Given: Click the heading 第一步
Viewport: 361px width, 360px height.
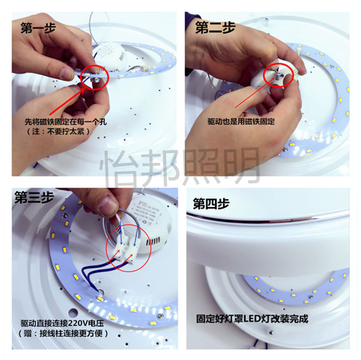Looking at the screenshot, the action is coord(38,28).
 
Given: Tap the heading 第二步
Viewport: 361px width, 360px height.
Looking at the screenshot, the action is coord(215,27).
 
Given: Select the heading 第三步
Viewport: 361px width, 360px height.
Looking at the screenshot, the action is coord(34,198).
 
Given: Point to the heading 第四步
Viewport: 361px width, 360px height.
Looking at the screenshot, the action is coord(211,204).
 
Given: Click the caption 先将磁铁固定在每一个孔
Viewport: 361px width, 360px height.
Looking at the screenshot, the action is coord(66,122).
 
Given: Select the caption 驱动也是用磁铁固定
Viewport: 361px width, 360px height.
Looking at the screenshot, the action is coord(241,122).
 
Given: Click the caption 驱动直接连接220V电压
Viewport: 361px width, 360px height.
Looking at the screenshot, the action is coord(63,323).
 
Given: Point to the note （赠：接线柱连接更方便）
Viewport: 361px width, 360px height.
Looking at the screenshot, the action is coord(63,333).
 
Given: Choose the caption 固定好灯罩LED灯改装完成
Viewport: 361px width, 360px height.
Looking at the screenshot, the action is coord(252,319).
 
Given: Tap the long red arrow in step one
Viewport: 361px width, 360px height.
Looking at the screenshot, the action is coord(67,102).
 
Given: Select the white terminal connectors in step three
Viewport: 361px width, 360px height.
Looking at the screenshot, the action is coord(129,252).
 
